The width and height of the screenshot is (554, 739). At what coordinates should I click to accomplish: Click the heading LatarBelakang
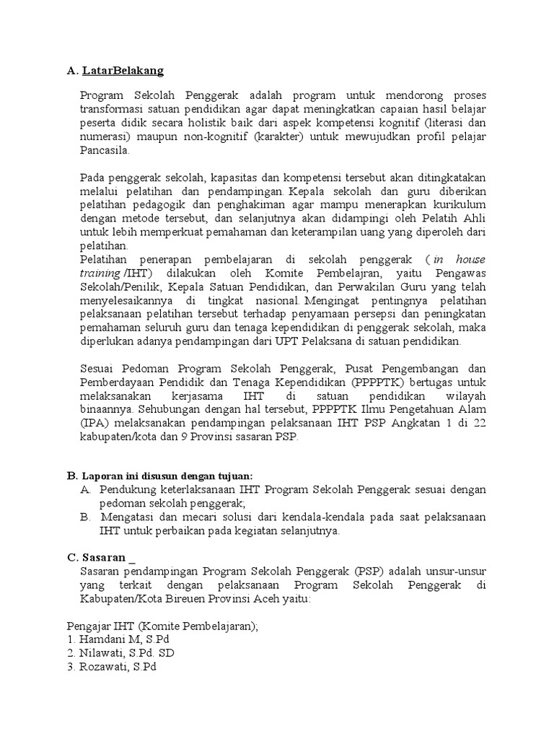pos(123,71)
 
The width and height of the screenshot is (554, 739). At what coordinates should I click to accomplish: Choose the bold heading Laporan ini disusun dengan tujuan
pos(168,476)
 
